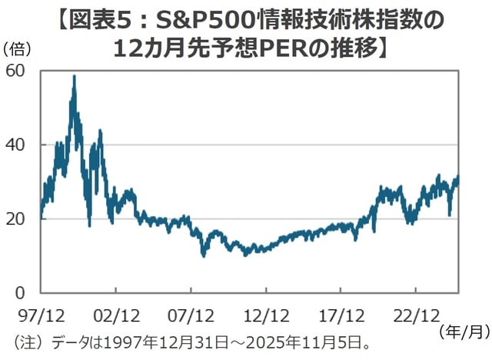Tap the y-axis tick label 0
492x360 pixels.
point(22,292)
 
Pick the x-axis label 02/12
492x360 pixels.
point(115,315)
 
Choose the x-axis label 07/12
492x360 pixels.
point(191,315)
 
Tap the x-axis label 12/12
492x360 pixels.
point(265,315)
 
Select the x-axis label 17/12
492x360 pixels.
point(341,315)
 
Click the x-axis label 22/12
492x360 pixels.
point(415,315)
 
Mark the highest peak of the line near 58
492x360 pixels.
point(74,76)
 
